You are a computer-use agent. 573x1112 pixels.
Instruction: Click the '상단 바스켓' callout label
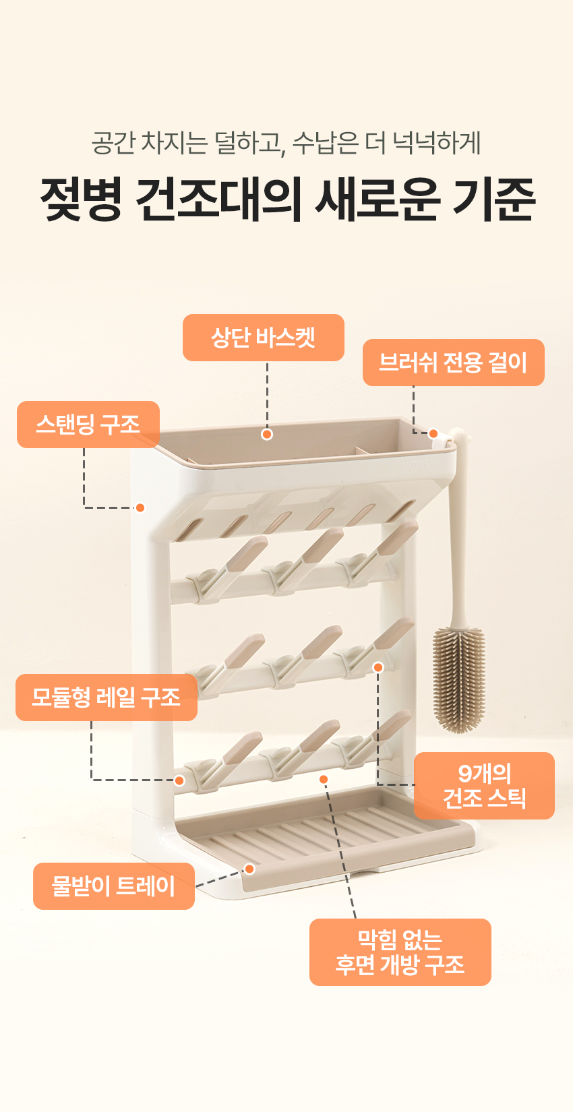pyautogui.click(x=263, y=338)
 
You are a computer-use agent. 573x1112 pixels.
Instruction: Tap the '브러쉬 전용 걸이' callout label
pyautogui.click(x=453, y=363)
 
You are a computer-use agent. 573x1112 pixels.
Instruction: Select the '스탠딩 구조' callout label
pyautogui.click(x=88, y=425)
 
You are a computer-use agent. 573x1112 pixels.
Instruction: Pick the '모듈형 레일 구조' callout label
pyautogui.click(x=107, y=697)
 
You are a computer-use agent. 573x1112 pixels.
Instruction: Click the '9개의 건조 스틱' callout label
pyautogui.click(x=484, y=785)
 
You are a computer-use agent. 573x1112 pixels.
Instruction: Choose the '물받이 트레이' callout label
pyautogui.click(x=114, y=886)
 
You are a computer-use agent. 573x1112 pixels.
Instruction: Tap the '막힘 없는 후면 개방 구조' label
pyautogui.click(x=400, y=952)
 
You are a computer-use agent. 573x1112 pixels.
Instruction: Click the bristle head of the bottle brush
pyautogui.click(x=458, y=679)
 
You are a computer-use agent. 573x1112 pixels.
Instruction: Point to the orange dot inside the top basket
pyautogui.click(x=267, y=435)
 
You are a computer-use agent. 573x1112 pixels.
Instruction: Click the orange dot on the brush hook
pyautogui.click(x=433, y=433)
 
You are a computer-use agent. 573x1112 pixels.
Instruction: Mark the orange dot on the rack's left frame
pyautogui.click(x=140, y=507)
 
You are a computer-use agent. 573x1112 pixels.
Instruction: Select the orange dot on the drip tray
pyautogui.click(x=249, y=869)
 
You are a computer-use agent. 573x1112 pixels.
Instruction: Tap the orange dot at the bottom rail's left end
pyautogui.click(x=180, y=780)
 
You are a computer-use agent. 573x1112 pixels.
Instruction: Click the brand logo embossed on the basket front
pyautogui.click(x=421, y=465)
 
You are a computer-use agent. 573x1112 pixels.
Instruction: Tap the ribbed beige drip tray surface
pyautogui.click(x=323, y=834)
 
